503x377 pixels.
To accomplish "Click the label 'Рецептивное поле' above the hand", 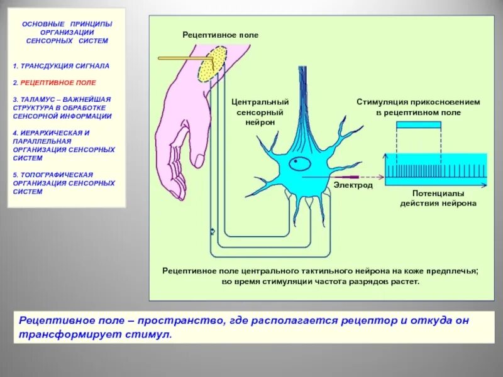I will point(220,35).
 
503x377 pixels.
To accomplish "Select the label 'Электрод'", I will point(353,186).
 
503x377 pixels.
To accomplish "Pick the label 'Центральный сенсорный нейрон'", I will point(260,112).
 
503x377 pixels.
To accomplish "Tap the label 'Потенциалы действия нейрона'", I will point(438,199).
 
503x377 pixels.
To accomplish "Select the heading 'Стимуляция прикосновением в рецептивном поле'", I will point(418,107).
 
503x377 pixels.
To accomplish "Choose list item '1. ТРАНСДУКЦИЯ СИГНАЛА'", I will point(61,65).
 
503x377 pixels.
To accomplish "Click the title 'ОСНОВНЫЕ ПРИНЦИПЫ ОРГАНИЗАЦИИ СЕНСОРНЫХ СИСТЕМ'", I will point(67,32).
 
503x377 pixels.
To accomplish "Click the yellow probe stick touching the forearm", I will point(182,58).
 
